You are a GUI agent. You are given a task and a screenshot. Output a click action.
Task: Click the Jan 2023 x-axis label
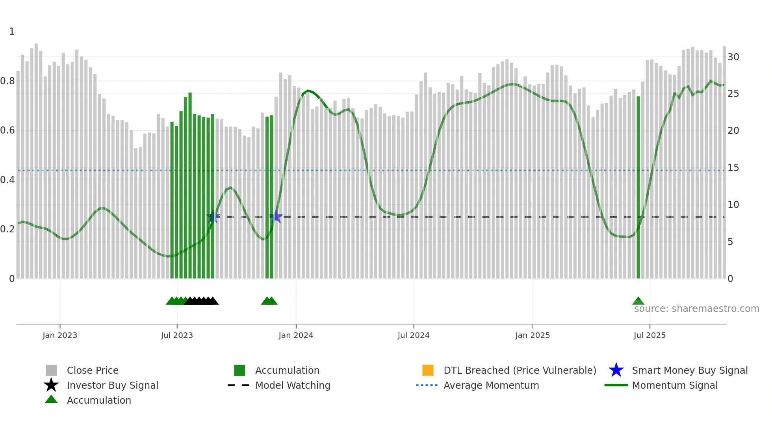(x=60, y=335)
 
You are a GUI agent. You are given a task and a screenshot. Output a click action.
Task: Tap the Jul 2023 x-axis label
(x=177, y=335)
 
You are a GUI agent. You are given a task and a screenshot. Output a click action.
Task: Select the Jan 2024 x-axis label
(x=296, y=335)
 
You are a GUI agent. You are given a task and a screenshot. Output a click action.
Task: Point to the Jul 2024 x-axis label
(x=414, y=335)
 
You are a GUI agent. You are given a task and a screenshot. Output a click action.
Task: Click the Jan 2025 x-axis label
(x=533, y=335)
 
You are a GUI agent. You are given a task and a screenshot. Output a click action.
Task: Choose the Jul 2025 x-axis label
(x=650, y=335)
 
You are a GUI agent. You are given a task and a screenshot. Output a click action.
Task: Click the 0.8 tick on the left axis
(x=7, y=81)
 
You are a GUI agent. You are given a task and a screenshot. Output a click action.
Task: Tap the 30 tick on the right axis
(x=733, y=57)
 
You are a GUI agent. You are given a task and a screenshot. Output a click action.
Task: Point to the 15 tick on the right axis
(x=733, y=168)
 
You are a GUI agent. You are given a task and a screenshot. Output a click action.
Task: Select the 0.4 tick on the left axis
(x=7, y=180)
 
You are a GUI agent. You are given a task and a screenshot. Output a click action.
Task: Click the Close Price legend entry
(x=93, y=370)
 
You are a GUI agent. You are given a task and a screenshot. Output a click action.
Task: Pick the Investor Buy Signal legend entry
(x=112, y=385)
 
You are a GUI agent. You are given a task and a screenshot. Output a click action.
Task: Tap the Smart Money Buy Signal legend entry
(x=690, y=370)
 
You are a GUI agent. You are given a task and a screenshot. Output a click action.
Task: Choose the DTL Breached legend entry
(x=520, y=370)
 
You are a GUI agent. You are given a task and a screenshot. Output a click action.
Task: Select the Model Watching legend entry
(x=293, y=385)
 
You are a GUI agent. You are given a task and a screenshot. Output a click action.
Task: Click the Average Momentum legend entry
(x=491, y=385)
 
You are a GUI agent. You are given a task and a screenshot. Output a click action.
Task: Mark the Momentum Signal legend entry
(x=675, y=385)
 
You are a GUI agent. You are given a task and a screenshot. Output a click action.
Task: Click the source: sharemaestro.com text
(x=696, y=309)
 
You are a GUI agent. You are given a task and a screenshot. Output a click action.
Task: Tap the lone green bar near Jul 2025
(x=638, y=189)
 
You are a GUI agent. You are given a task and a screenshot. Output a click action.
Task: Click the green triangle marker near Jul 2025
(x=638, y=301)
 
